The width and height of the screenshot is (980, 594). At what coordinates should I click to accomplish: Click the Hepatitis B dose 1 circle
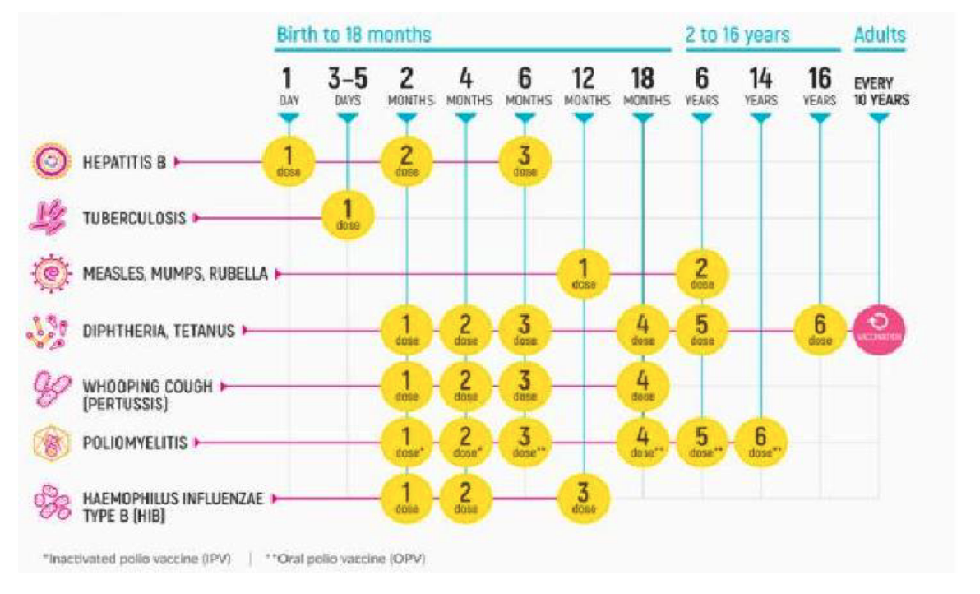point(288,161)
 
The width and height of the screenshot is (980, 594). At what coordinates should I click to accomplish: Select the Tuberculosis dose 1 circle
point(347,216)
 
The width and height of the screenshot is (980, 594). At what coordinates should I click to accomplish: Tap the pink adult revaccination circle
point(879,331)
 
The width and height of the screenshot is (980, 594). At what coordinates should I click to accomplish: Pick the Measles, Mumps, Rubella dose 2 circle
point(701,273)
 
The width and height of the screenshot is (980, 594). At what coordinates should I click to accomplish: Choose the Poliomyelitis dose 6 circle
point(760,443)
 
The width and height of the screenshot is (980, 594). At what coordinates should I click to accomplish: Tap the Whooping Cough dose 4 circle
point(643,387)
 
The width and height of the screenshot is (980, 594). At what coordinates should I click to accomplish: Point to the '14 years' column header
point(760,86)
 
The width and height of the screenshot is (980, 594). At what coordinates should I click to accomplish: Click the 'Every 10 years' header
point(880,90)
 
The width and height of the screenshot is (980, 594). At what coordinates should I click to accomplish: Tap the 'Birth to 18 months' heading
point(354,35)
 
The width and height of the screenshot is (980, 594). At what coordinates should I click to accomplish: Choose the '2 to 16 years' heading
point(737,35)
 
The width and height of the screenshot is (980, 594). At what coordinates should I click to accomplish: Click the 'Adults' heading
point(879,35)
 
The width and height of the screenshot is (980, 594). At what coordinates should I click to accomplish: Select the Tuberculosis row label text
point(133,219)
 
